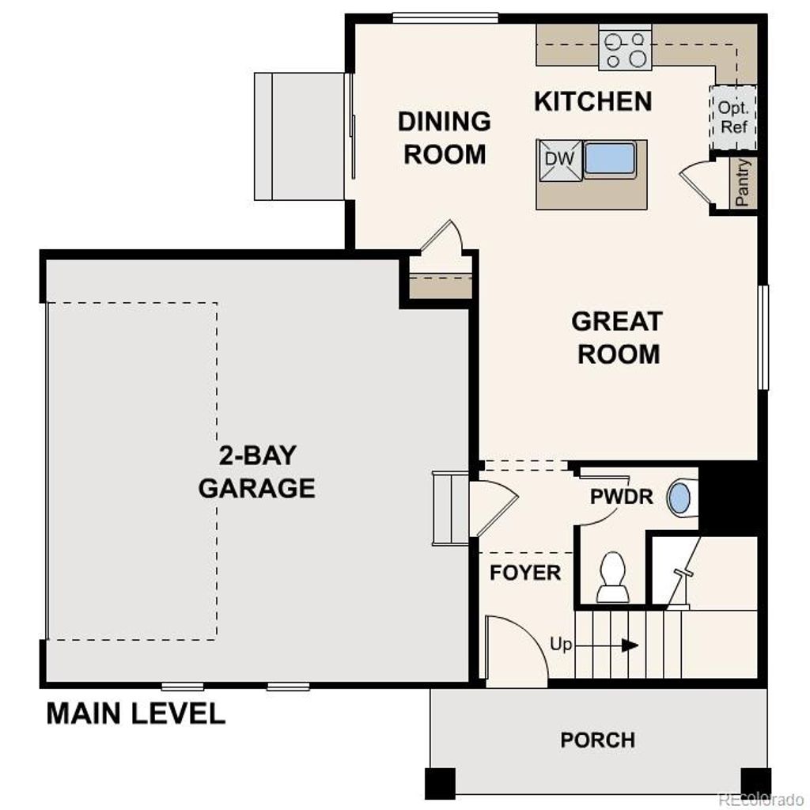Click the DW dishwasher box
click(559, 158)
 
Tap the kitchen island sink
click(610, 159)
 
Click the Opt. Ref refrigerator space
click(733, 117)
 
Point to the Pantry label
click(743, 184)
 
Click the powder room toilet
click(612, 577)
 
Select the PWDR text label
click(622, 498)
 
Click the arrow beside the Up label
click(630, 645)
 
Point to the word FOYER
click(525, 573)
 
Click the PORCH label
click(597, 740)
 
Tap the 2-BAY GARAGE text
click(256, 472)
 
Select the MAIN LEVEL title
click(135, 713)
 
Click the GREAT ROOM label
click(618, 338)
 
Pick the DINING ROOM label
click(445, 138)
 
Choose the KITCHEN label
click(592, 101)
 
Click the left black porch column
click(441, 782)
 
